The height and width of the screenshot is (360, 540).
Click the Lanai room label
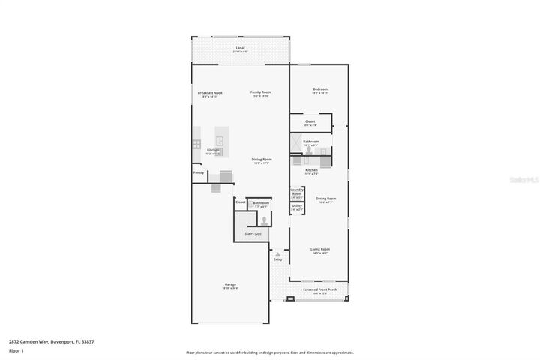click(x=240, y=48)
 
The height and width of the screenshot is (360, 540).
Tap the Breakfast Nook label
click(x=210, y=93)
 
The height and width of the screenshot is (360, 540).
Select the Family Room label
click(x=260, y=92)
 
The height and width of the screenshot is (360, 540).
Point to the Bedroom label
click(x=320, y=89)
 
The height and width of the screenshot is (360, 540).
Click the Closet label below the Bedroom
click(x=310, y=121)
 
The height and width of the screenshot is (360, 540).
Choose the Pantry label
click(x=199, y=172)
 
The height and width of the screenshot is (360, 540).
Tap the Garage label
click(x=230, y=284)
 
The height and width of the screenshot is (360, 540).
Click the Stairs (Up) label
click(x=253, y=233)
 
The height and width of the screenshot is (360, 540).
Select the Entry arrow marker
click(x=277, y=254)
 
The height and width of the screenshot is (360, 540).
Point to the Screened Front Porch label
click(x=319, y=289)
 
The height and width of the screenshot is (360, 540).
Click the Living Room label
click(x=320, y=249)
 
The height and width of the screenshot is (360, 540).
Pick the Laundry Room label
click(x=296, y=191)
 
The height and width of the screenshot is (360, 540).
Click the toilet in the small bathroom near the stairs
click(x=263, y=220)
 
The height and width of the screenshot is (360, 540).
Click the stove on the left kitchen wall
click(x=196, y=144)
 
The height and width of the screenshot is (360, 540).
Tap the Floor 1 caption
click(x=16, y=350)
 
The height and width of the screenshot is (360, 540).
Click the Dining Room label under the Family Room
click(x=262, y=160)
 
